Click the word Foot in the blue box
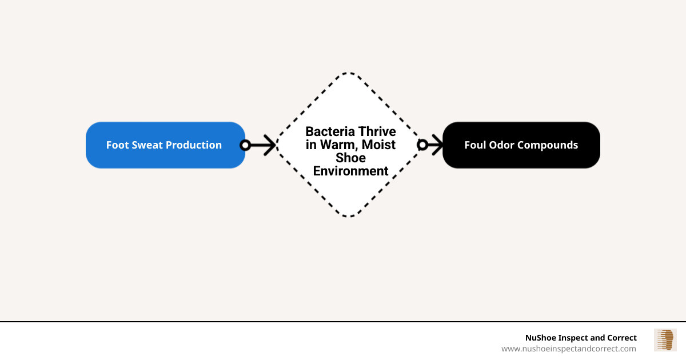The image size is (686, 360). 117,145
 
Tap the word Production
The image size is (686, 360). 194,145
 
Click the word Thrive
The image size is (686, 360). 375,132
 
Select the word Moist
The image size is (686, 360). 378,145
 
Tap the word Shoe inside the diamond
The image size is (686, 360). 350,158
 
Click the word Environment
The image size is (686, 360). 350,171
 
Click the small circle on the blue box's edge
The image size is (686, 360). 245,145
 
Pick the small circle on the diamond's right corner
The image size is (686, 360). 422,145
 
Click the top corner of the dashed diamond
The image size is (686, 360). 349,73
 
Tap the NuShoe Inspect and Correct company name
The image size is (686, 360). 581,338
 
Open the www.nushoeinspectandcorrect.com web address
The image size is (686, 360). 568,349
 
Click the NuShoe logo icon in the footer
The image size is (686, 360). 665,340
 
